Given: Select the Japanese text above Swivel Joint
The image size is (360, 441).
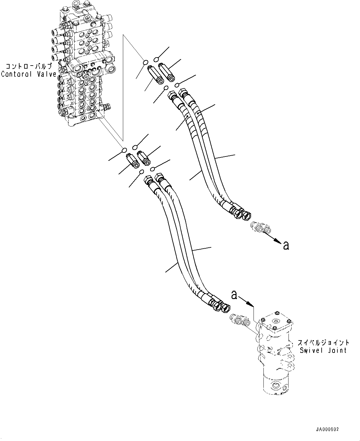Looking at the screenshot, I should (323, 343).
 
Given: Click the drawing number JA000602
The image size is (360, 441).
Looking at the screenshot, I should (327, 430).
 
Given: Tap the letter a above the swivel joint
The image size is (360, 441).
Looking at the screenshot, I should (234, 295).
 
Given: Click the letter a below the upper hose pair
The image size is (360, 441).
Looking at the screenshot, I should (286, 245).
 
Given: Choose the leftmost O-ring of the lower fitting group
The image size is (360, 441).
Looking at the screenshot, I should (124, 150).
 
